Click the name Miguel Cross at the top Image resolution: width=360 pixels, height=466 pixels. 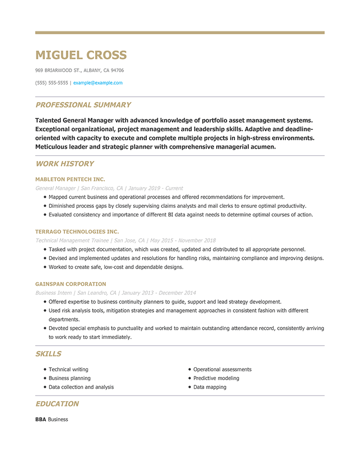[81, 55]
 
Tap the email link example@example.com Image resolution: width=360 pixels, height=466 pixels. [98, 83]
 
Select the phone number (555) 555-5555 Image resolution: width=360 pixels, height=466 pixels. [51, 83]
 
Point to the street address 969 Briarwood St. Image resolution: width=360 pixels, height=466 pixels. [58, 70]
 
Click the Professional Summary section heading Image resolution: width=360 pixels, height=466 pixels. [83, 105]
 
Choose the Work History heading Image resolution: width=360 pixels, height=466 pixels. [64, 164]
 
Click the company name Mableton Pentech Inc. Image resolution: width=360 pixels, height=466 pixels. [70, 180]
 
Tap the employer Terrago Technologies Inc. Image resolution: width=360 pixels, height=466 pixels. [77, 232]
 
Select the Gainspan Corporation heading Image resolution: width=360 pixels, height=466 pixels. [70, 284]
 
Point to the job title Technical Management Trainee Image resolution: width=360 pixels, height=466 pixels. [72, 240]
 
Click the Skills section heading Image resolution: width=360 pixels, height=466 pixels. [48, 354]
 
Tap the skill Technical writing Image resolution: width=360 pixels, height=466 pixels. [68, 369]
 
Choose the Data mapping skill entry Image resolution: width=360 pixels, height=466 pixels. [209, 387]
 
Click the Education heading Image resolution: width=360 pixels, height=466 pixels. [57, 404]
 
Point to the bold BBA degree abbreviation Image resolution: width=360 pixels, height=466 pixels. [41, 419]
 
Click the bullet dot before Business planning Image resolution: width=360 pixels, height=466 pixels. [45, 378]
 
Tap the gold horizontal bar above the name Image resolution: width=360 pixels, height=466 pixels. [179, 32]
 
